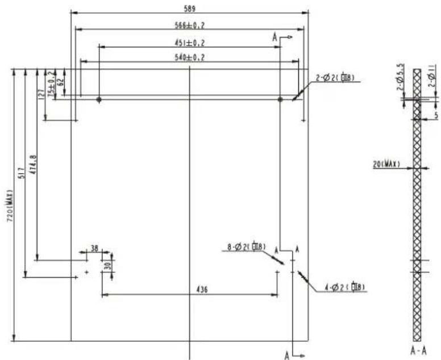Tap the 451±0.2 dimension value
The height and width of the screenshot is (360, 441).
[189, 42]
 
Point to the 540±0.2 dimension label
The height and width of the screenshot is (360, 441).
[189, 57]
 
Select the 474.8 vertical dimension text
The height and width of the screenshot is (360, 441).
[33, 164]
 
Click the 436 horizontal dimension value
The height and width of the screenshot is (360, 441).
[201, 290]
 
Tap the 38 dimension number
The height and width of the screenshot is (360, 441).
[94, 249]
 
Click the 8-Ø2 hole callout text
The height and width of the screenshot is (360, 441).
[246, 246]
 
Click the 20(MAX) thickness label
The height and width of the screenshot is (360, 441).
[387, 164]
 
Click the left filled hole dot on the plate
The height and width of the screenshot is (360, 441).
[99, 99]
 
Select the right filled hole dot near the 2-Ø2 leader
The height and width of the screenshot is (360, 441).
[280, 99]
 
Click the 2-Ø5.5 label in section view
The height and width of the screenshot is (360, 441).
[401, 77]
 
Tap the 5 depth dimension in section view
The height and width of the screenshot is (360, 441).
[436, 115]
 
